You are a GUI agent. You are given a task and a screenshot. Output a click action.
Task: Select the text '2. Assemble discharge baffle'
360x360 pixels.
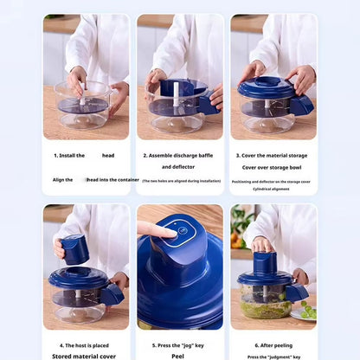pos(178,155)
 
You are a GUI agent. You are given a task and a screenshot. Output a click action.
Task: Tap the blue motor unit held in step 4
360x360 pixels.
pos(76,249)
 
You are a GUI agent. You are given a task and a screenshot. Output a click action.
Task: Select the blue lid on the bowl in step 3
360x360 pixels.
pos(267,87)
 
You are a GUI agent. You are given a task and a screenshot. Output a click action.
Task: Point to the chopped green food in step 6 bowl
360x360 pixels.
pos(265,307)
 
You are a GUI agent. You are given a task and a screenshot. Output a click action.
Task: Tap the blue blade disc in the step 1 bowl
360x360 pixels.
pos(82,105)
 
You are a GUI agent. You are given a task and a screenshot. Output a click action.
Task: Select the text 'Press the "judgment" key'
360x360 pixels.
pos(273,356)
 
